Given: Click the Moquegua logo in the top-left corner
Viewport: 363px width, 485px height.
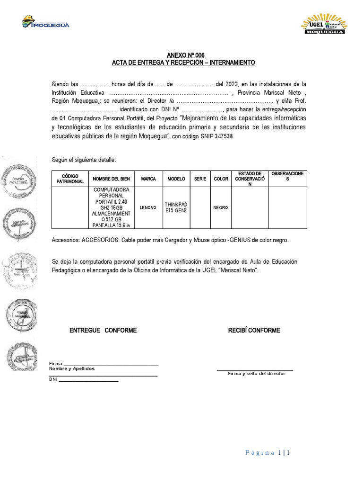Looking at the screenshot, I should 46,22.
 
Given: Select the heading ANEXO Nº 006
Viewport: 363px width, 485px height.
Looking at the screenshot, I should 181,55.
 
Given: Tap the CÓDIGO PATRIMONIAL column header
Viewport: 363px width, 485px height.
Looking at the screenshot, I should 70,179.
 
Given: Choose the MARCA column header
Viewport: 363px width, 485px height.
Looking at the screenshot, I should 148,179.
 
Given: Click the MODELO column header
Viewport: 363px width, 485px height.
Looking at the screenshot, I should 176,179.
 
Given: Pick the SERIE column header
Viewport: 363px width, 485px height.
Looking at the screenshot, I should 200,179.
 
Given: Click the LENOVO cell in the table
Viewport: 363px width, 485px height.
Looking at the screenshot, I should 148,207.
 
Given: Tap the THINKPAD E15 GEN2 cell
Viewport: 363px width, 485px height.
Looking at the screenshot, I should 176,207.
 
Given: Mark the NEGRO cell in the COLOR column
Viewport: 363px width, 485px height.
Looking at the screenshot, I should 221,207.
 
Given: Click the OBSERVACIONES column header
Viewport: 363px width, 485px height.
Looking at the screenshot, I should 288,176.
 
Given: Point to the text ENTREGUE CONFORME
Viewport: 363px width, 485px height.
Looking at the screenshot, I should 103,330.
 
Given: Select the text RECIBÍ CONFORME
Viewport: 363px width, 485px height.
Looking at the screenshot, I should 254,330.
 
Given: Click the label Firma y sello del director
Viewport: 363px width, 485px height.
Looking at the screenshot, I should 256,374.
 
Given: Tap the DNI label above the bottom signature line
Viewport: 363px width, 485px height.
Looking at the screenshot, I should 53,379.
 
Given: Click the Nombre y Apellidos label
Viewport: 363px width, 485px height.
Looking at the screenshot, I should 72,368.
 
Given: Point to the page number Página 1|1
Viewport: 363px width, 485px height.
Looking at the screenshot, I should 268,453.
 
